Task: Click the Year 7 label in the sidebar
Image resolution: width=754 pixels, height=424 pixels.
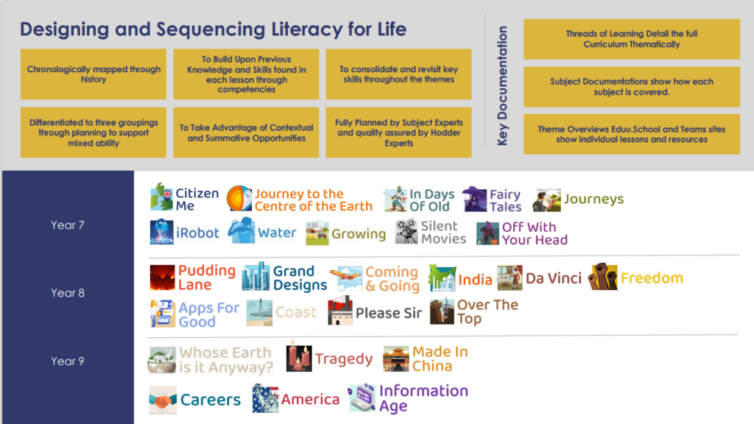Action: coord(67,225)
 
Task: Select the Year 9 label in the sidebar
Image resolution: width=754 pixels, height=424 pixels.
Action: coord(67,361)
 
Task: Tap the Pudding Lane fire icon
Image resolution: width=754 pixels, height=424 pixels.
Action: coord(162,278)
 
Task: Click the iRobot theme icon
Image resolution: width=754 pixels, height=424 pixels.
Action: coord(161,232)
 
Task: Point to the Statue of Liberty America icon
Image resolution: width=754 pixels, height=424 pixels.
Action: coord(265,398)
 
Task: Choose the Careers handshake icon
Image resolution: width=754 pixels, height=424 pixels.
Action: coord(163,400)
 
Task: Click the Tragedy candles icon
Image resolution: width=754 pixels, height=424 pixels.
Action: coord(299,357)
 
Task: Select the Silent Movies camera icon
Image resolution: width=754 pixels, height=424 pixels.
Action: coord(406,231)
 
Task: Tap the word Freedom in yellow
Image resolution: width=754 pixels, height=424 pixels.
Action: coord(652,278)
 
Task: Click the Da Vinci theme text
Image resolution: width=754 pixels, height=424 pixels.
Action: coord(554,278)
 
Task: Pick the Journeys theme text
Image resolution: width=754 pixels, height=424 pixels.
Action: coord(594,199)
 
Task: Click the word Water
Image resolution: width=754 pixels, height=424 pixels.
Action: coord(277,233)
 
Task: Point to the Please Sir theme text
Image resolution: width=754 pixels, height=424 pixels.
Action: coord(389,313)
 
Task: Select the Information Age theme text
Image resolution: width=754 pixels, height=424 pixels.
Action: coord(423,398)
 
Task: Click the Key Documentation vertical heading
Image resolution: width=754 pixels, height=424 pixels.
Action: coord(502,85)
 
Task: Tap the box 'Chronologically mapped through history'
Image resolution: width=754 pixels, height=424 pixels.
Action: coord(94,74)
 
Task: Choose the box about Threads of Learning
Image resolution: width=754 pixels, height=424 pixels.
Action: coord(631,39)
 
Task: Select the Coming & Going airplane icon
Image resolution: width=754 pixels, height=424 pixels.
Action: coord(346,278)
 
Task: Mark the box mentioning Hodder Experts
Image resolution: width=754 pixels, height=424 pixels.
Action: coord(398,132)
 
